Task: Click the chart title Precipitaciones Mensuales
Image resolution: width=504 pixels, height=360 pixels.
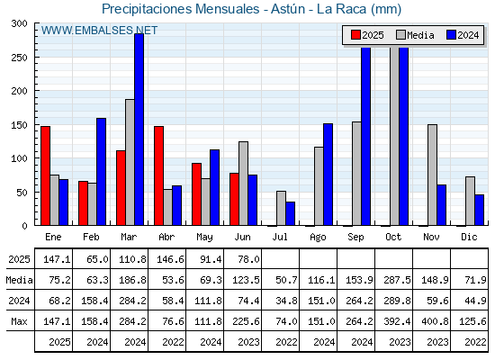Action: pos(181,9)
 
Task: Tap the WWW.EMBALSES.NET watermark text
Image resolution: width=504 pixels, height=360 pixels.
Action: pos(99,31)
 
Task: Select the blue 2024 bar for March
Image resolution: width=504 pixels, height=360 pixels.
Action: pos(139,130)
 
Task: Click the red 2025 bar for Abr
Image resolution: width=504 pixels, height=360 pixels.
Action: pos(158,175)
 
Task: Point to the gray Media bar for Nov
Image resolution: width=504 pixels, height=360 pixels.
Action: pos(432,175)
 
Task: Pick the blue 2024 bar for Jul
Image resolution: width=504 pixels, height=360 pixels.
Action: pos(290,213)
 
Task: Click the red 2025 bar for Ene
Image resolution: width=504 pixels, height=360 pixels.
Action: pos(45,175)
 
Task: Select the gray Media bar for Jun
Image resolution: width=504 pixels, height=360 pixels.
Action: pos(243,184)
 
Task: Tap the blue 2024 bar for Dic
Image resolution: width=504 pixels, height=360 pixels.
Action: pos(479,210)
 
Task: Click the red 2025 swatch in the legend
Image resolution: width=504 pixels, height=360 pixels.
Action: pos(355,35)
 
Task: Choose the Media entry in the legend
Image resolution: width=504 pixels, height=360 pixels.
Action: pos(415,35)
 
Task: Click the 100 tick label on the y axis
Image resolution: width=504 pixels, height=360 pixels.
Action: pos(19,158)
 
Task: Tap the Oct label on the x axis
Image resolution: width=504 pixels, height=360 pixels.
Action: pos(393,238)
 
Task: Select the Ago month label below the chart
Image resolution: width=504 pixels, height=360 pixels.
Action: pos(318,238)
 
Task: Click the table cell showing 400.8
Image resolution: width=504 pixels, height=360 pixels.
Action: pos(435,321)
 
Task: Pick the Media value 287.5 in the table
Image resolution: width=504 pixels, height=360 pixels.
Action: pos(397,280)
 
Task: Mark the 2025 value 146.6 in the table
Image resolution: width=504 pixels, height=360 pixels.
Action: pos(170,259)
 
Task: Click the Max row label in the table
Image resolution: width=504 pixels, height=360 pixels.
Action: pos(19,321)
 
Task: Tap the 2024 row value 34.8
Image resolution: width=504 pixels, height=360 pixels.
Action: pos(286,301)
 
